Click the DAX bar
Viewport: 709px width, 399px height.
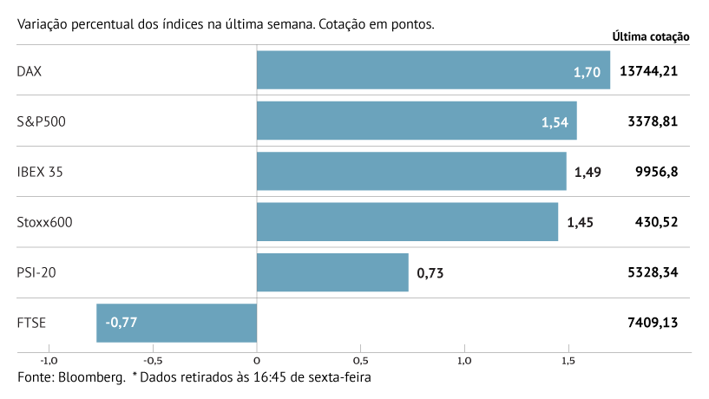pos(433,70)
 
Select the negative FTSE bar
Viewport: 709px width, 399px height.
pos(176,323)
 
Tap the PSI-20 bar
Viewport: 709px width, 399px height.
pos(332,272)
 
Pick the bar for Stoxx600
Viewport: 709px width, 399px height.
pos(407,222)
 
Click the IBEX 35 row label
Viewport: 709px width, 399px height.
pos(40,172)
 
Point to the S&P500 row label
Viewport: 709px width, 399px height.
pos(41,121)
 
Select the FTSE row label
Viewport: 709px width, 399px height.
pos(31,323)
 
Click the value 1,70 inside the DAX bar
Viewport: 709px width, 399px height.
pos(587,72)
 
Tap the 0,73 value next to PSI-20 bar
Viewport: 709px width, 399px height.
pos(431,273)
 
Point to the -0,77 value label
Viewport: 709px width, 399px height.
pos(121,323)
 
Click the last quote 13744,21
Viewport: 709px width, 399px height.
pos(648,71)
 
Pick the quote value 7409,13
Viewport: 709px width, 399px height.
pos(652,323)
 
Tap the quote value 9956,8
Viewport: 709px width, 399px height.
pos(656,172)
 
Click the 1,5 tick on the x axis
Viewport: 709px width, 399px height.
pos(568,360)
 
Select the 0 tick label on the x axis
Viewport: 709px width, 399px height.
pos(257,360)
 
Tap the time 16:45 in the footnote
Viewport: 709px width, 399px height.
pos(263,378)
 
